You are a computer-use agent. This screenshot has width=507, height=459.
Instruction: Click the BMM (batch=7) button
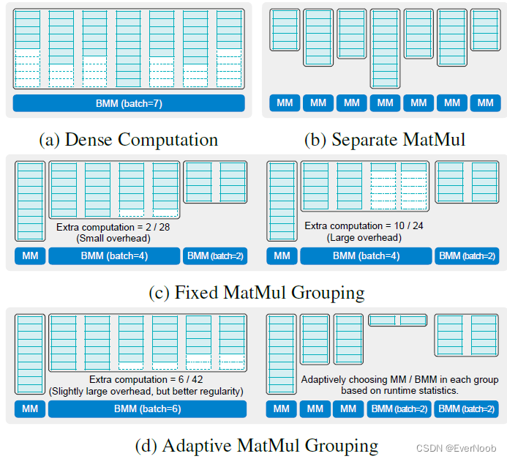(128, 103)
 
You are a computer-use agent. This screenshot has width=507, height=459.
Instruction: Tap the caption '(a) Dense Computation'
(128, 139)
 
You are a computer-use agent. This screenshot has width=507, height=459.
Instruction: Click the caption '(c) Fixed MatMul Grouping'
(256, 292)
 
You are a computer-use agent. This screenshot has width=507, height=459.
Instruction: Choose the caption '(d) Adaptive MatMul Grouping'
(256, 445)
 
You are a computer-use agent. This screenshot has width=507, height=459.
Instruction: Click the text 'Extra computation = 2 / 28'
(113, 228)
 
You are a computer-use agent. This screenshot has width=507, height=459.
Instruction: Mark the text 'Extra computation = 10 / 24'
(364, 226)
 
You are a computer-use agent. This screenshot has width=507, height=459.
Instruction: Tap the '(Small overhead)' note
(113, 238)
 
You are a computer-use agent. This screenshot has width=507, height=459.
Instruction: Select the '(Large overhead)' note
(364, 237)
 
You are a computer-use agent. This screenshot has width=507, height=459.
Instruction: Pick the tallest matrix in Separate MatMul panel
(385, 48)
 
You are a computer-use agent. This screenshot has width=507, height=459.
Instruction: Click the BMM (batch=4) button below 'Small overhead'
(113, 256)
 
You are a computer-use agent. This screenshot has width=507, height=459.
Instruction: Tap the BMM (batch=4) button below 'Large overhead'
(364, 256)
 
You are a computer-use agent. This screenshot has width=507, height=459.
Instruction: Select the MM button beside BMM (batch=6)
(30, 409)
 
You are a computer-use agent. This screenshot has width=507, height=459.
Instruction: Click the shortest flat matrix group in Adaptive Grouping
(397, 320)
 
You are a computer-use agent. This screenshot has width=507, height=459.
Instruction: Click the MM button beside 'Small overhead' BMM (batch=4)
(30, 256)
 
